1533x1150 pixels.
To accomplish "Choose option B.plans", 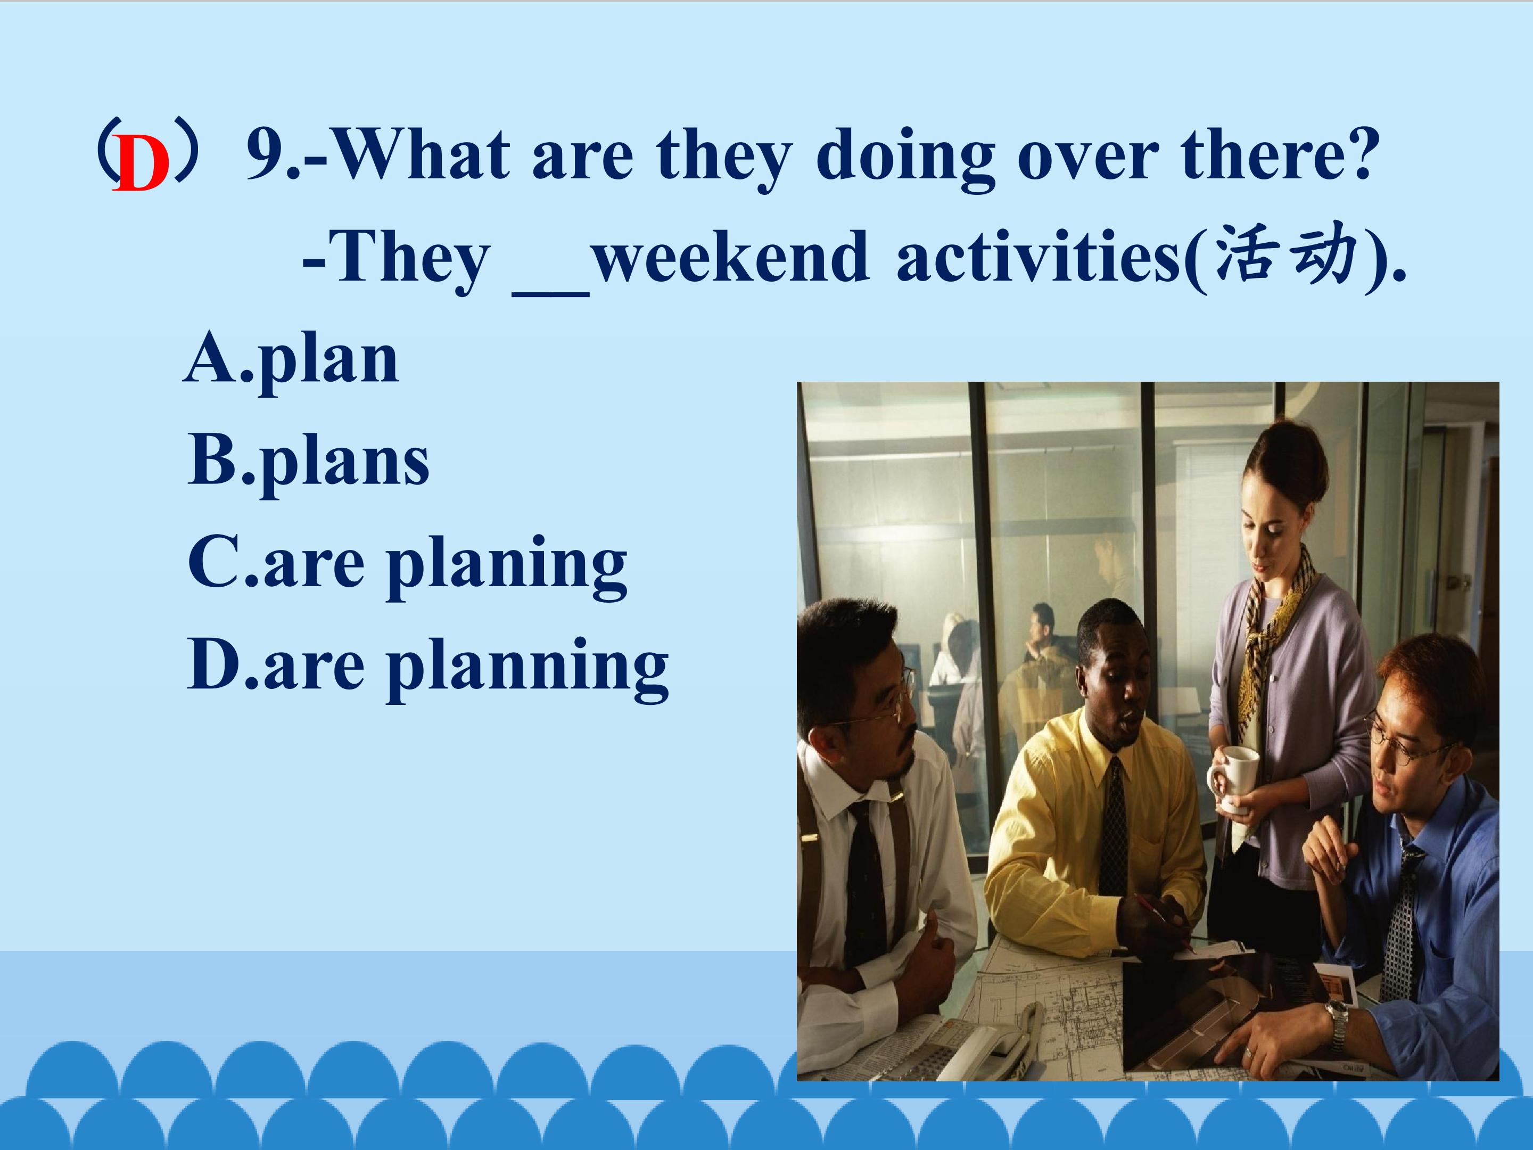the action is (308, 462).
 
